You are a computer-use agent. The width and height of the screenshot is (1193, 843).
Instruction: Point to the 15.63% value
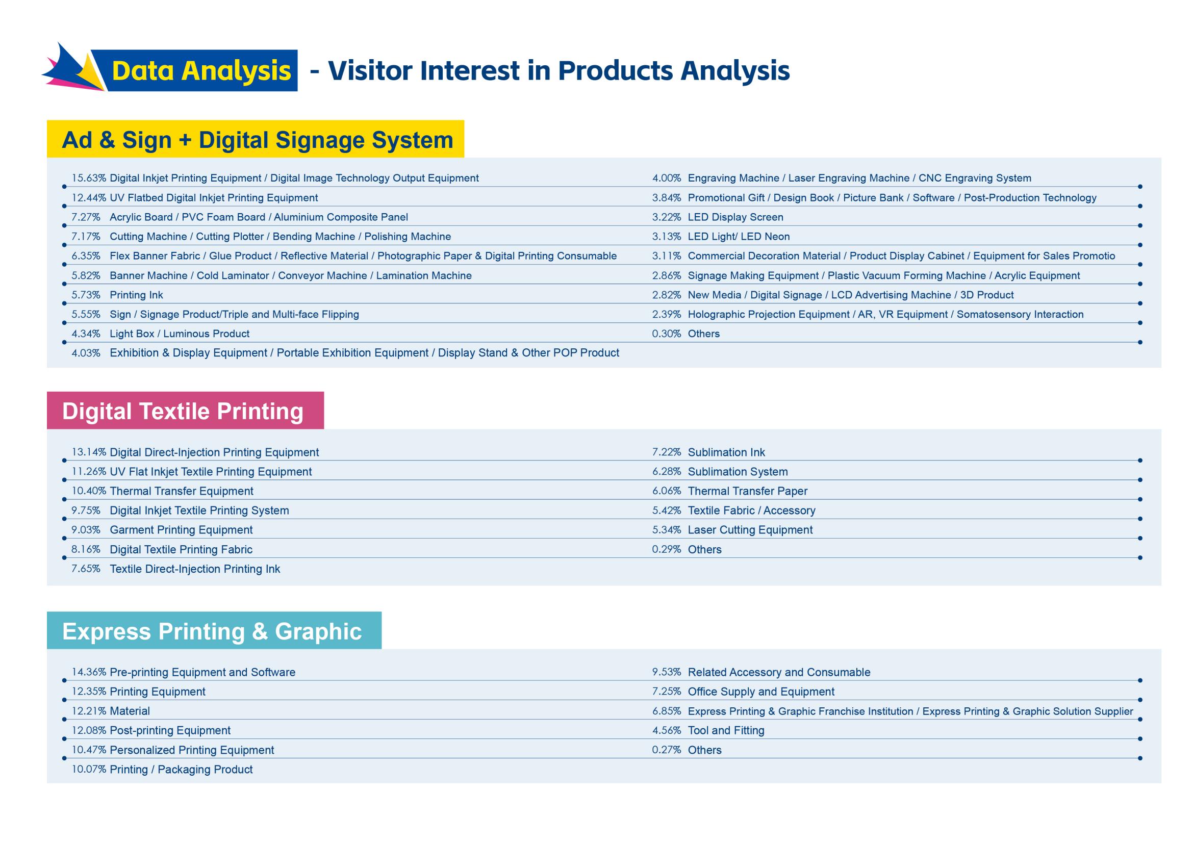tap(89, 178)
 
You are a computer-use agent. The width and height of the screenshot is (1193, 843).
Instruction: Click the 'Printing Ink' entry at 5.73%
tap(136, 295)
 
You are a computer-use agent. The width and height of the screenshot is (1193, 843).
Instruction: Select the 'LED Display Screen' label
tap(735, 217)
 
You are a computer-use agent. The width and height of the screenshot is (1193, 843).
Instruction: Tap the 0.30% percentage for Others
tap(667, 334)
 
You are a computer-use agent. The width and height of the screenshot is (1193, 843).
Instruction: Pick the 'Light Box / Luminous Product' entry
tap(179, 334)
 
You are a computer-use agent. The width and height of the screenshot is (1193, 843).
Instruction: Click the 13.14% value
tap(89, 452)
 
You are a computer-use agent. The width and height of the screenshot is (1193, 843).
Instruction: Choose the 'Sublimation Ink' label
tap(726, 452)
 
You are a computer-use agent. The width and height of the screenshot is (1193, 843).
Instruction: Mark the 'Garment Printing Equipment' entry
tap(181, 530)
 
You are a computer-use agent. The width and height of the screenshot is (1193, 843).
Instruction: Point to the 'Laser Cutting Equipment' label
tap(750, 530)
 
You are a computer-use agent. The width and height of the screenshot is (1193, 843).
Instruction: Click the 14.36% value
tap(89, 672)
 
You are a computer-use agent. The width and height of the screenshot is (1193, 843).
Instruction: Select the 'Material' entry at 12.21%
tap(130, 711)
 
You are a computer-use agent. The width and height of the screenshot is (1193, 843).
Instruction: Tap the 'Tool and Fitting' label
tap(726, 730)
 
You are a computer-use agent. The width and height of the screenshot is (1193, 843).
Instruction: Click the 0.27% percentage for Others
tap(667, 750)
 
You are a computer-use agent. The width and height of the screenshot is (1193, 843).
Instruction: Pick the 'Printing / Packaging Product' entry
tap(181, 769)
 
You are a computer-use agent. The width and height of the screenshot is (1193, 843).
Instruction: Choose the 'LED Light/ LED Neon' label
tap(739, 236)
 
